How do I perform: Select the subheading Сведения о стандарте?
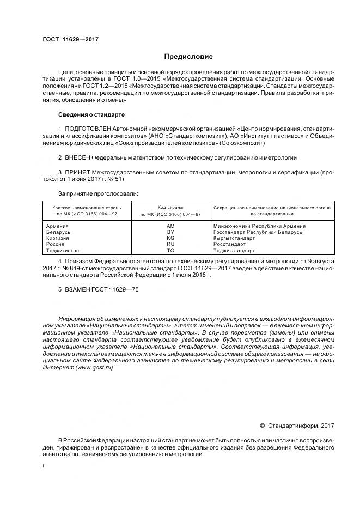click(x=91, y=115)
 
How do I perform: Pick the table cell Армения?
click(x=58, y=226)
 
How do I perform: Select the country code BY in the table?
click(x=170, y=232)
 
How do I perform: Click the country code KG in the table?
click(x=170, y=238)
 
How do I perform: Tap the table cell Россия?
click(x=56, y=245)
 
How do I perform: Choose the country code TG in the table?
click(x=170, y=251)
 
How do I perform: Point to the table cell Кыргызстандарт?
click(x=234, y=238)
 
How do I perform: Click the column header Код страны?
click(x=170, y=208)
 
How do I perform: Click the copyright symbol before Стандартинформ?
click(x=263, y=426)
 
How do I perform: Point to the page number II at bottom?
click(x=44, y=466)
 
